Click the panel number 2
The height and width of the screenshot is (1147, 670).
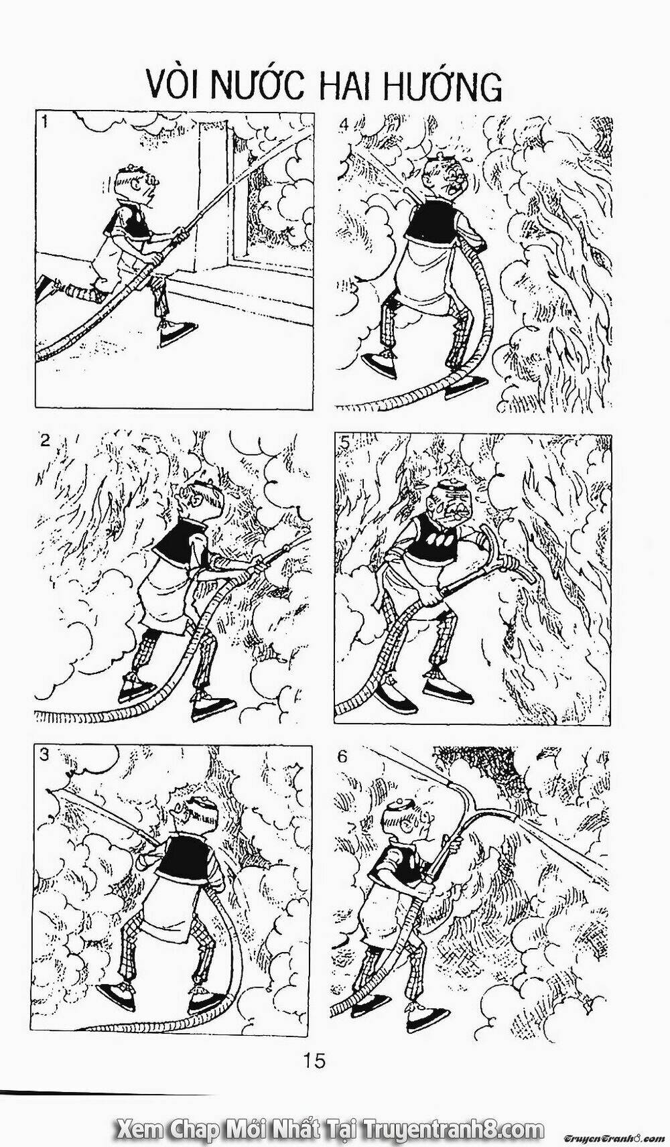tap(45, 441)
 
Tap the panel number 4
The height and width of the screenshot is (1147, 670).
tap(344, 123)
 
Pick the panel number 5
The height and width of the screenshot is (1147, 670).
tap(344, 444)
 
